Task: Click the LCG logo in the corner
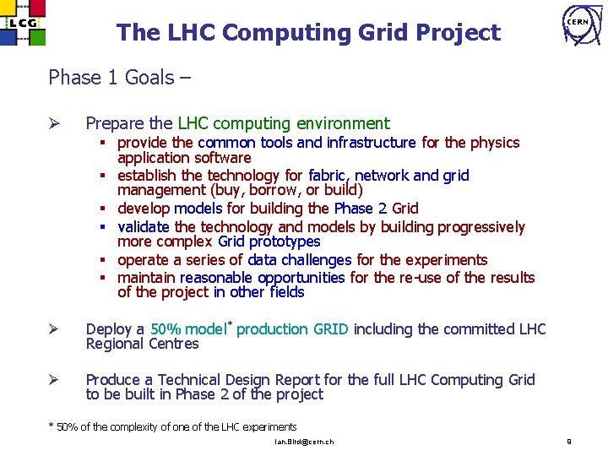point(24,24)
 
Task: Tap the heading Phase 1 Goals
point(119,78)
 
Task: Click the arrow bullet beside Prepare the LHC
point(55,124)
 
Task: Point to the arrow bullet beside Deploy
point(55,329)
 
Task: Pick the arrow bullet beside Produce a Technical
point(55,380)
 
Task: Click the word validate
point(144,227)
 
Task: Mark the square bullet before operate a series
point(108,261)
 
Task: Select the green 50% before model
point(165,329)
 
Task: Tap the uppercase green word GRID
point(330,329)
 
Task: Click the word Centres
point(173,344)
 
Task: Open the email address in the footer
point(304,442)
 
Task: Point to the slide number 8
point(569,441)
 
